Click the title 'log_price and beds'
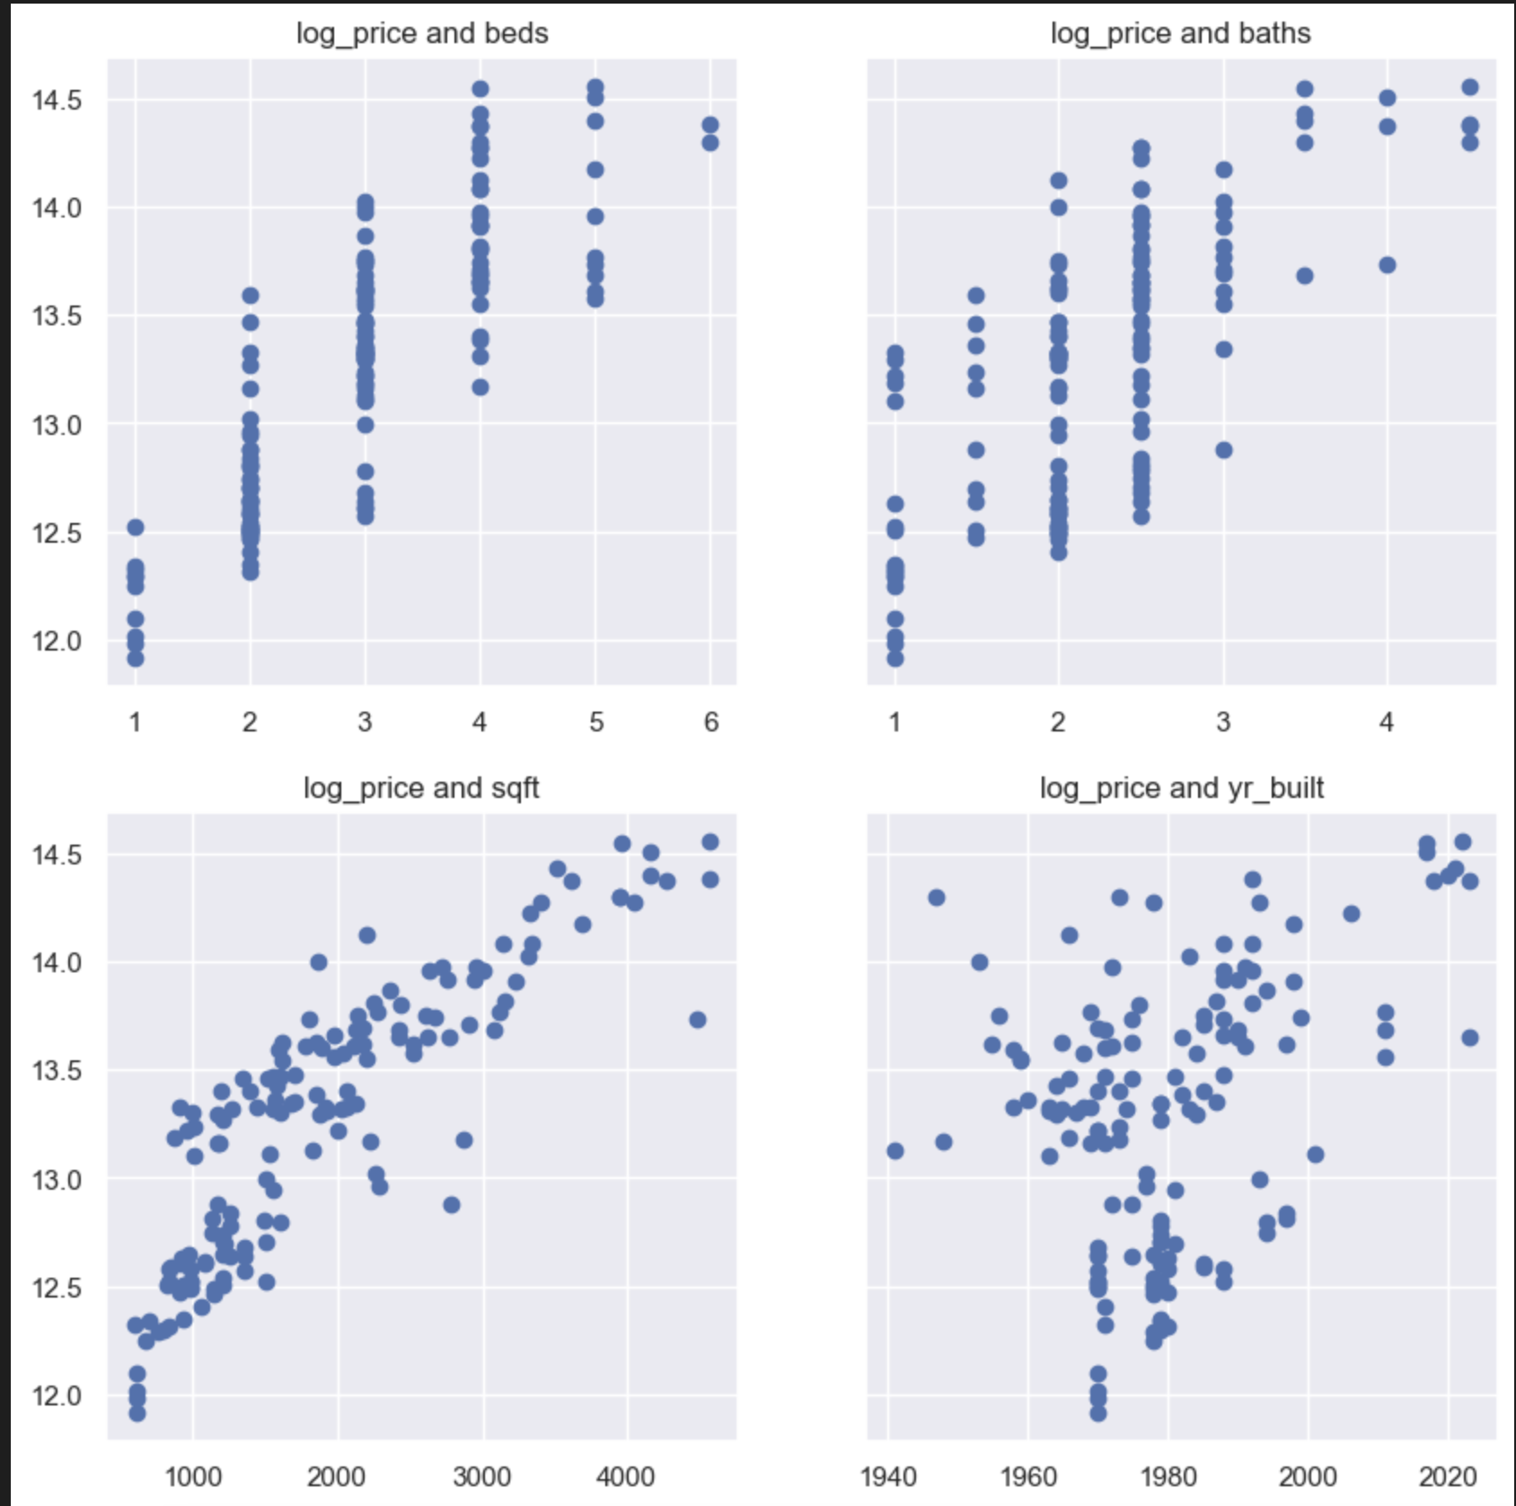pyautogui.click(x=422, y=33)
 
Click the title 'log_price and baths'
pyautogui.click(x=1180, y=33)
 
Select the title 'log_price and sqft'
pyautogui.click(x=421, y=788)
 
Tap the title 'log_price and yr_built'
pyautogui.click(x=1181, y=788)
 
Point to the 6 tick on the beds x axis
pyautogui.click(x=711, y=722)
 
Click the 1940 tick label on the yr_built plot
pyautogui.click(x=888, y=1476)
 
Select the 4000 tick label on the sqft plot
pyautogui.click(x=625, y=1476)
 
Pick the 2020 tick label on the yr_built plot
pyautogui.click(x=1448, y=1476)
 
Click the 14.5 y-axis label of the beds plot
pyautogui.click(x=57, y=100)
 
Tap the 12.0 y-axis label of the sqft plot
pyautogui.click(x=57, y=1395)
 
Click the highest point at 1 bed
pyautogui.click(x=136, y=527)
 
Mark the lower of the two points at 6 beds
pyautogui.click(x=710, y=143)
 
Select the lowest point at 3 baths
pyautogui.click(x=1224, y=450)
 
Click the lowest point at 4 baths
pyautogui.click(x=1388, y=265)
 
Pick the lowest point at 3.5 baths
pyautogui.click(x=1305, y=276)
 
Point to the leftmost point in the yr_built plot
pyautogui.click(x=895, y=1151)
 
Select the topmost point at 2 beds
pyautogui.click(x=251, y=296)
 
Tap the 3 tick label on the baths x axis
pyautogui.click(x=1223, y=722)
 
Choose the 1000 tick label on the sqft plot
pyautogui.click(x=193, y=1476)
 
